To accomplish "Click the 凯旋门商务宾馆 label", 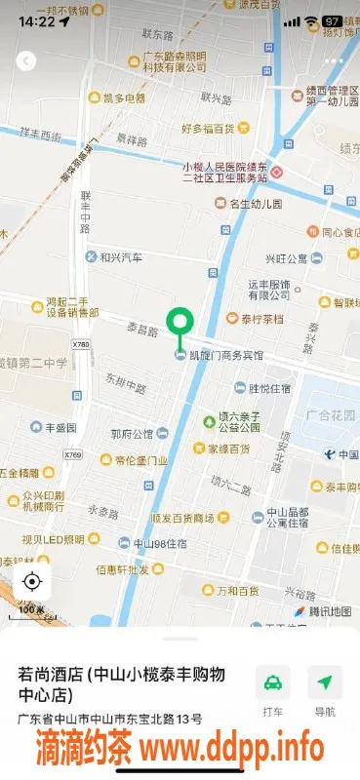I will (226, 356).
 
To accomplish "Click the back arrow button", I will (25, 60).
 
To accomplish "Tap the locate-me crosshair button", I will (31, 582).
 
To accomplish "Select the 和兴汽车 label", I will (120, 257).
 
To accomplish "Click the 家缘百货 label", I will (227, 448).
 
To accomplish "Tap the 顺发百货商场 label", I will (181, 518).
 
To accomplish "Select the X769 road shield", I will (72, 455).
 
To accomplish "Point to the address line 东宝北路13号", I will (109, 720).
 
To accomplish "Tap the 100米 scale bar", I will (32, 610).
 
